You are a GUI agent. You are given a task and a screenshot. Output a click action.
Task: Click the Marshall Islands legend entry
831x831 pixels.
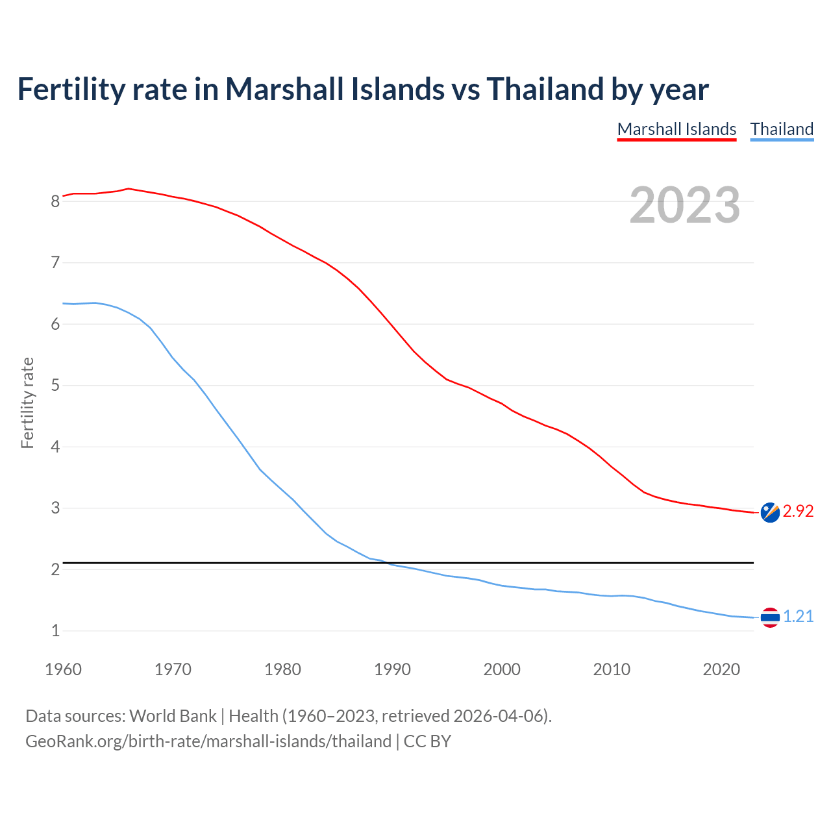coord(676,129)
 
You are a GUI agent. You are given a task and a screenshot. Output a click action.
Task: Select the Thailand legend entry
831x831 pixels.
coord(782,129)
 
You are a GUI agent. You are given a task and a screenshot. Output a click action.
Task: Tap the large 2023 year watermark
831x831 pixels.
coord(684,205)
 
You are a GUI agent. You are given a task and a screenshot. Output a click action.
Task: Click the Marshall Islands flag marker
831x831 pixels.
coord(769,512)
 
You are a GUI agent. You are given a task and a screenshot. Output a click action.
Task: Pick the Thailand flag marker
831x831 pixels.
coord(769,617)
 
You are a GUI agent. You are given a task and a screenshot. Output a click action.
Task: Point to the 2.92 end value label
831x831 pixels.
coord(798,512)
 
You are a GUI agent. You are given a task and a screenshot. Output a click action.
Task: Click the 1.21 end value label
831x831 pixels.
coord(798,617)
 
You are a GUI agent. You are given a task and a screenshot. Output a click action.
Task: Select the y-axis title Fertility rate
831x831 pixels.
coord(27,403)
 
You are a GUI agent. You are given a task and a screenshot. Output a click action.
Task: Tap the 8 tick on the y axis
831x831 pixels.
coord(55,201)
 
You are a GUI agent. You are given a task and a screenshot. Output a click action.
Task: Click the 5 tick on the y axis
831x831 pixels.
coord(55,386)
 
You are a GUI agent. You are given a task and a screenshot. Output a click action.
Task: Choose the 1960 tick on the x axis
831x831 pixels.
coord(63,669)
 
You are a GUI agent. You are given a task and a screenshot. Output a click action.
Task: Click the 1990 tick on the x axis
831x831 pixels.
coord(392,669)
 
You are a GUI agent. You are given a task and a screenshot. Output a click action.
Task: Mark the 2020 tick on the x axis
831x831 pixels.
coord(721,669)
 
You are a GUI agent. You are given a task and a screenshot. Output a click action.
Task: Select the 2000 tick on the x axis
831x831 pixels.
coord(502,669)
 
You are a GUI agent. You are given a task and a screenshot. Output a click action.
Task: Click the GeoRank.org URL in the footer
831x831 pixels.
coord(208,741)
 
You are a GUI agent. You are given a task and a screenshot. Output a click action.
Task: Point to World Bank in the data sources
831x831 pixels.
coord(173,716)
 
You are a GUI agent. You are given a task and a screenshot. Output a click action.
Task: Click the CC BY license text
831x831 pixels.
coord(427,741)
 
